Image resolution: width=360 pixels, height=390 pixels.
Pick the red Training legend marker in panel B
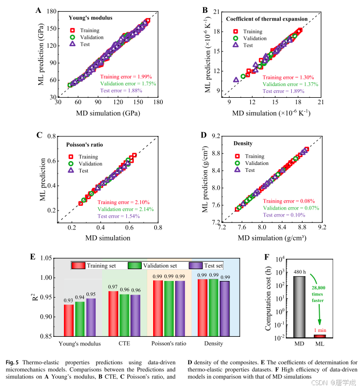[x=234, y=32]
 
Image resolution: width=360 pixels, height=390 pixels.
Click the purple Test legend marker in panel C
[x=73, y=170]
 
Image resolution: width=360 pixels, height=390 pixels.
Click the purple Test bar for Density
[x=225, y=308]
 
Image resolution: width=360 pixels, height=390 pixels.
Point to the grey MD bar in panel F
[x=298, y=306]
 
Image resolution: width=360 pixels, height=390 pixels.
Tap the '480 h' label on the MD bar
[x=298, y=272]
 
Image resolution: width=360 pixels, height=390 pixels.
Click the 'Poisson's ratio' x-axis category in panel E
[x=169, y=343]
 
